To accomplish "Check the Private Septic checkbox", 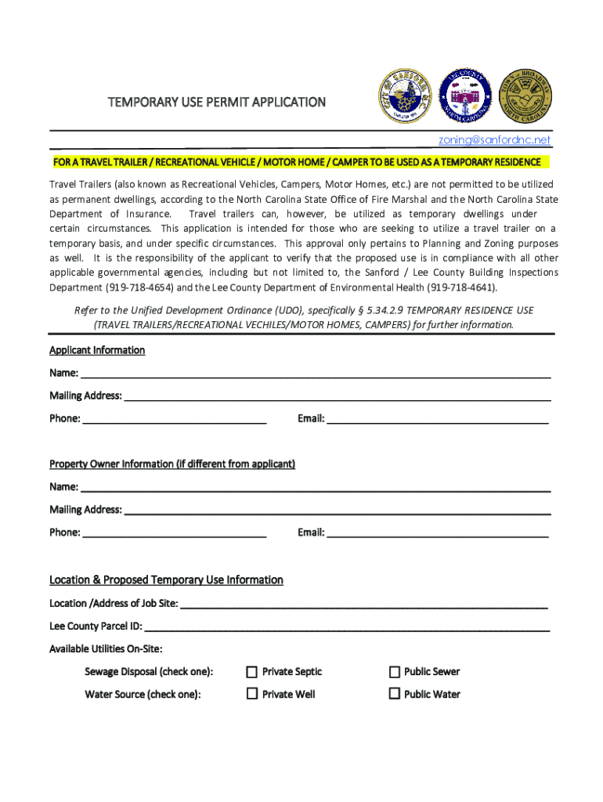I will point(252,672).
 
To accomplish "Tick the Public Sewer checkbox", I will point(395,672).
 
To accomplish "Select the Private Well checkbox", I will point(252,694).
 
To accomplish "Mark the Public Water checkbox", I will point(395,694).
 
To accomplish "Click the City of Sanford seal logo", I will point(405,96).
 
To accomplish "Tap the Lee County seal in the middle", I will point(466,96).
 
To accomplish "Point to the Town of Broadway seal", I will point(526,96).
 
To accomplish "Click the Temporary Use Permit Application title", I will point(216,103).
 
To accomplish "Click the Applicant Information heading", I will point(97,350).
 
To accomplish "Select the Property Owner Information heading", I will point(172,464).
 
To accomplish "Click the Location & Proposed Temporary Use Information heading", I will point(166,580).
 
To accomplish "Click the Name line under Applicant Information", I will point(313,373).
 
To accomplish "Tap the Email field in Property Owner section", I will point(437,533).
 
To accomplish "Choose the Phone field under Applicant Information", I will point(174,418).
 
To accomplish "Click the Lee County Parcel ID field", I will point(346,627).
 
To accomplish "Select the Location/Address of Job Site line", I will point(363,603).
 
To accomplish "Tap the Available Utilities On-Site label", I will point(106,649).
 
